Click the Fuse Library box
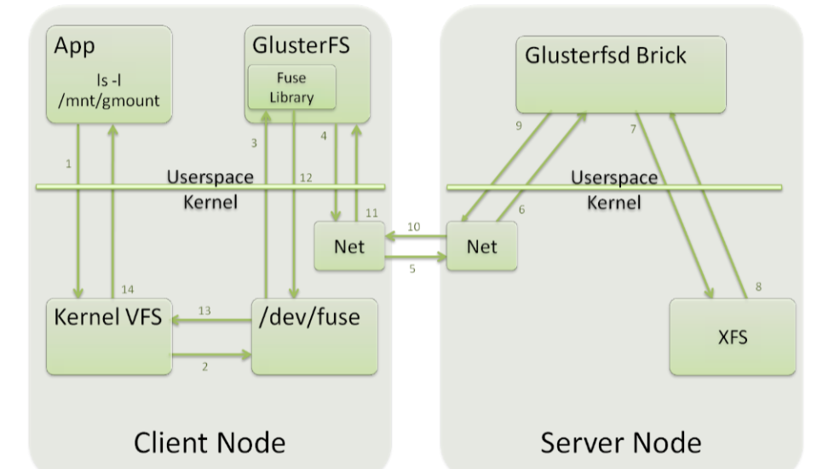pos(291,88)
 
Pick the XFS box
pos(732,337)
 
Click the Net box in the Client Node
pos(349,246)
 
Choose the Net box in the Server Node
pos(481,246)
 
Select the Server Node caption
pos(621,442)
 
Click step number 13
pos(204,310)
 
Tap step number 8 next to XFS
pos(757,287)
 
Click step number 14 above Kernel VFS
pos(128,288)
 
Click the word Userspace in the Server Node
pos(613,178)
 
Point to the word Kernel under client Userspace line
pos(210,205)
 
